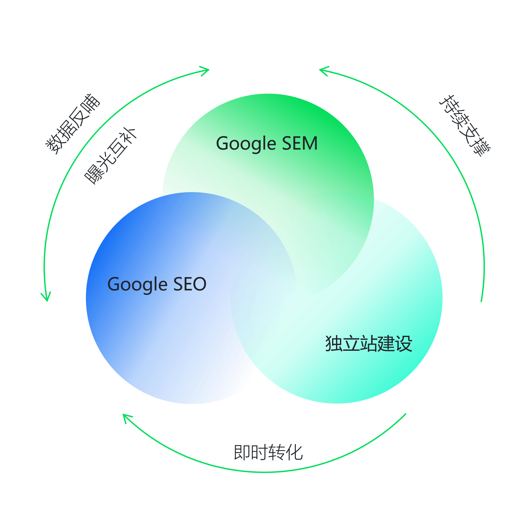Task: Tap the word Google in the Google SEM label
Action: [x=246, y=144]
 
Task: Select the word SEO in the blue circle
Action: [x=190, y=284]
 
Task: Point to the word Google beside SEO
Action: [x=137, y=285]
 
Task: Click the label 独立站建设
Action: [x=369, y=343]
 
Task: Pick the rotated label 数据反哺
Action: [x=73, y=124]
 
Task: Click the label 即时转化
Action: [x=268, y=453]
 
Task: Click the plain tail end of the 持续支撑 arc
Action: [x=481, y=301]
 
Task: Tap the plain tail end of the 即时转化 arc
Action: [x=405, y=414]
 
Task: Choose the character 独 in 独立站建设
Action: [x=334, y=343]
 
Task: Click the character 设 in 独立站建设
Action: [x=404, y=343]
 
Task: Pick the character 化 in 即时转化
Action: [x=294, y=453]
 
